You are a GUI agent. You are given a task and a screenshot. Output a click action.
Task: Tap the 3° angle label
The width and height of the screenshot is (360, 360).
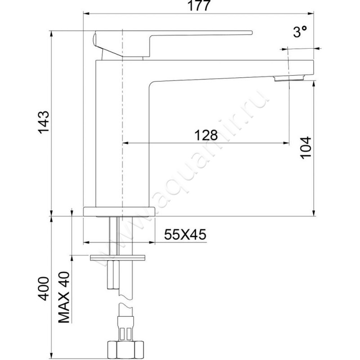click(300, 32)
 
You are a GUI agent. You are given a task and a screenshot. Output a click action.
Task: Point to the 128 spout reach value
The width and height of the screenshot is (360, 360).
click(206, 135)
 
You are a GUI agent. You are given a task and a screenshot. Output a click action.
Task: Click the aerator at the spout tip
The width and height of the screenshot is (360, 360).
click(288, 79)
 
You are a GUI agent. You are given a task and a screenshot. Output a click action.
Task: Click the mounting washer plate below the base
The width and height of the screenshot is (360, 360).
click(118, 257)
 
